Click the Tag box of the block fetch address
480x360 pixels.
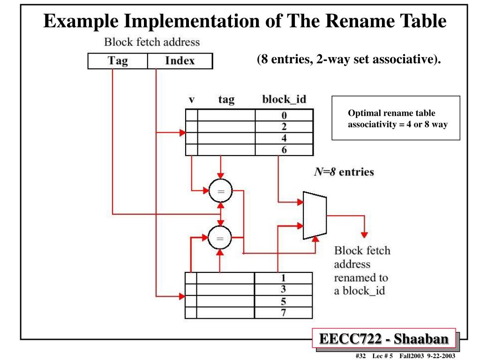[118, 61]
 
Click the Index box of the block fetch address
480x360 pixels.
[180, 61]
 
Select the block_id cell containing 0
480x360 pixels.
[284, 115]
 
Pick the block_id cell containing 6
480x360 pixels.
[284, 150]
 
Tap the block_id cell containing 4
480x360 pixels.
[284, 138]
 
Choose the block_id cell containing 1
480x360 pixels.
[283, 277]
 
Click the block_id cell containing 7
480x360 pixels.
[283, 313]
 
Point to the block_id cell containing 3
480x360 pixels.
[283, 289]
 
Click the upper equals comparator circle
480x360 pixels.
[220, 191]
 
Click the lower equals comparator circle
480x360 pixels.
[220, 238]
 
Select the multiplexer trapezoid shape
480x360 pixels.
[315, 215]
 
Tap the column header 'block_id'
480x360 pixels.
[284, 99]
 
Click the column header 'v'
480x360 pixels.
[192, 100]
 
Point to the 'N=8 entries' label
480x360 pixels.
[344, 172]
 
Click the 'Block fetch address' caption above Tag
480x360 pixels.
[152, 42]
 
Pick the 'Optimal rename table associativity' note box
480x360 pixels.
[396, 118]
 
